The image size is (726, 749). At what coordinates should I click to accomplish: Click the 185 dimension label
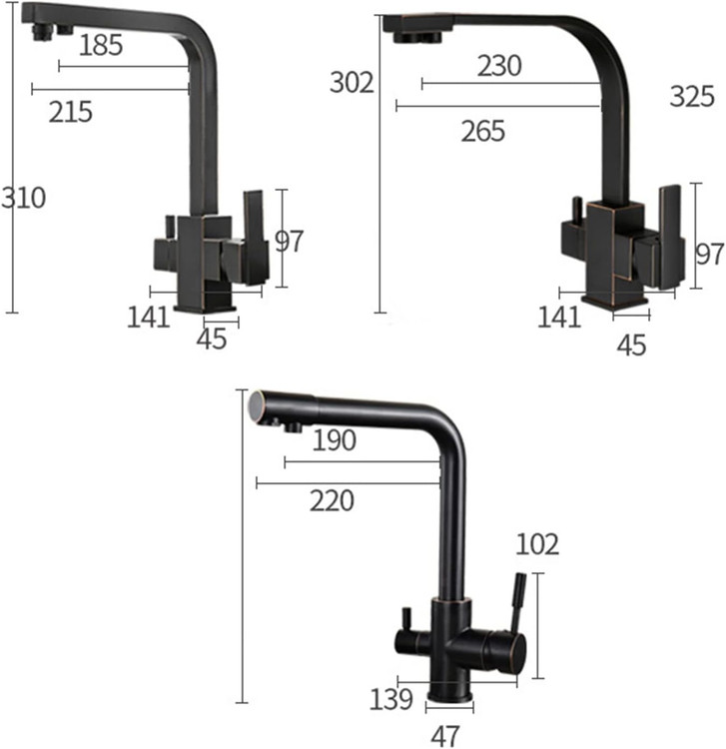[x=101, y=45]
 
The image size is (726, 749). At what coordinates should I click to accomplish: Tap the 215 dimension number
[x=71, y=112]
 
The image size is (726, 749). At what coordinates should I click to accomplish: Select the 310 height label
[x=23, y=198]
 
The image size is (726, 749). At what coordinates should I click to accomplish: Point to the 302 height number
[x=352, y=82]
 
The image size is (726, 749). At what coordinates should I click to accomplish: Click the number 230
[x=499, y=66]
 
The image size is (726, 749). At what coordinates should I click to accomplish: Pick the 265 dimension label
[x=483, y=131]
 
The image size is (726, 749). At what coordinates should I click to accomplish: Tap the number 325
[x=692, y=96]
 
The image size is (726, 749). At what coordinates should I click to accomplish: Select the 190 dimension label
[x=335, y=440]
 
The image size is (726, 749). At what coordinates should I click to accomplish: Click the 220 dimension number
[x=332, y=500]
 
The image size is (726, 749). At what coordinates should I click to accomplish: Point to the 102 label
[x=537, y=544]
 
